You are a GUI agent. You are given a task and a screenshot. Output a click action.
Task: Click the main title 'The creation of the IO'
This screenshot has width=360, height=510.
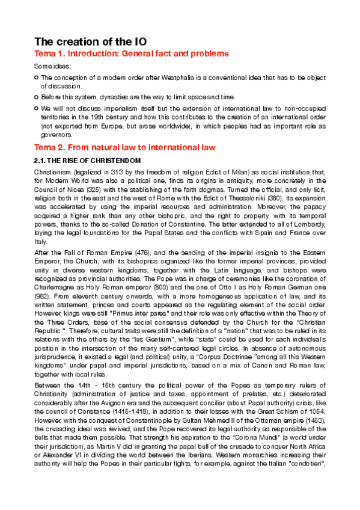point(90,41)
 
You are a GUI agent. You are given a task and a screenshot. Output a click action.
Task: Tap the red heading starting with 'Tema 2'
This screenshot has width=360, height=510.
point(123,147)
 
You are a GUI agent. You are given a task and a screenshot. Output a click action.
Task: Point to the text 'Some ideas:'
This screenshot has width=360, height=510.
point(52,66)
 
